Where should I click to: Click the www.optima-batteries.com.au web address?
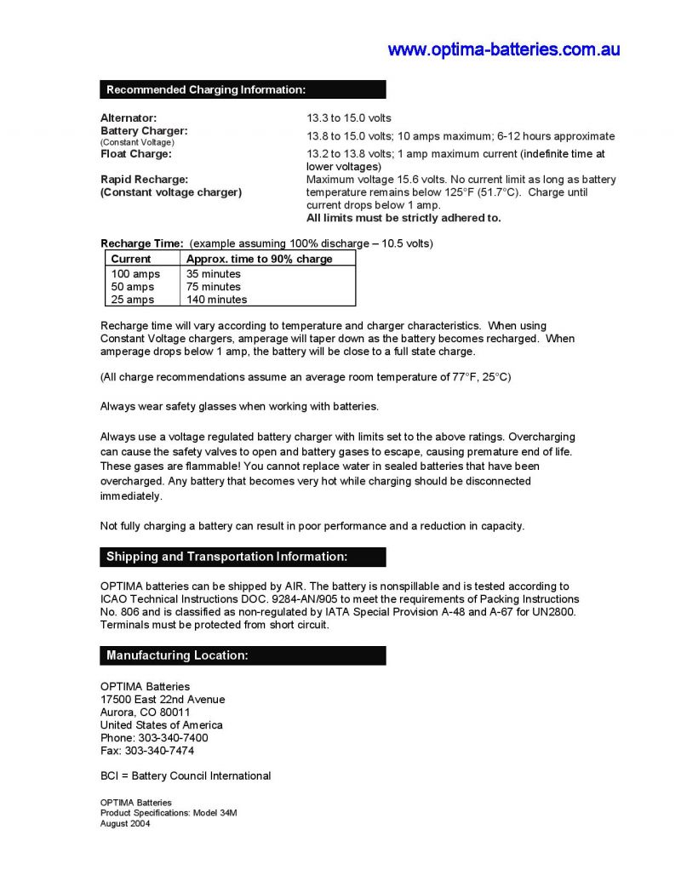pos(504,49)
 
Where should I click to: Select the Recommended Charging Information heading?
pos(206,89)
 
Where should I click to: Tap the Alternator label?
pos(129,117)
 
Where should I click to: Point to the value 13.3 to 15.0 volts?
pos(349,117)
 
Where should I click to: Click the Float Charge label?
pos(136,154)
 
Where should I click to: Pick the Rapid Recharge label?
pos(144,180)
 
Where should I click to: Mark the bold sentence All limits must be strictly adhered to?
pos(403,218)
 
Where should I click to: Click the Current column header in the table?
pos(131,259)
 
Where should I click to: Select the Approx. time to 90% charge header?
pos(260,259)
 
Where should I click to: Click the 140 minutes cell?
pos(217,300)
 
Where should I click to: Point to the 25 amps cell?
pos(133,300)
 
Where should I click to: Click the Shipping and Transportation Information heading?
pos(226,557)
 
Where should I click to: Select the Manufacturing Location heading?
pos(177,655)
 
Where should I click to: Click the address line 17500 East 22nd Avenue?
pos(163,700)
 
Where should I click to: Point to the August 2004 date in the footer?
pos(125,823)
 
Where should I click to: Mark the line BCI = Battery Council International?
pos(186,775)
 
